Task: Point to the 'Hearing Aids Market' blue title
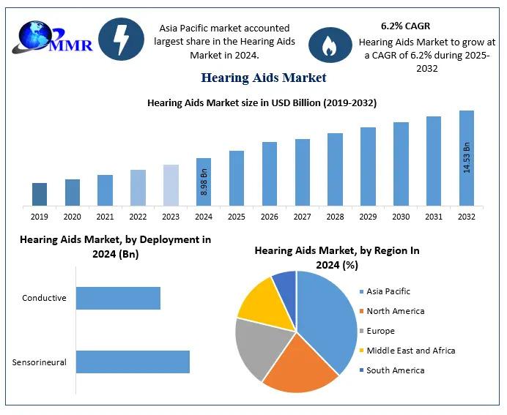pos(263,78)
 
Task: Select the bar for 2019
pos(40,194)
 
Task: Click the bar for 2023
pos(171,184)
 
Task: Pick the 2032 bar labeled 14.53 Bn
pos(467,157)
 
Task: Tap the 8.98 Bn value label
pos(204,182)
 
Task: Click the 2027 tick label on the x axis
pos(303,217)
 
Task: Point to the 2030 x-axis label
pos(401,217)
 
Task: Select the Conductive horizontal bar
pos(118,298)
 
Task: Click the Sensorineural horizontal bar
pos(133,362)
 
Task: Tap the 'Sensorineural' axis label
pos(40,362)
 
